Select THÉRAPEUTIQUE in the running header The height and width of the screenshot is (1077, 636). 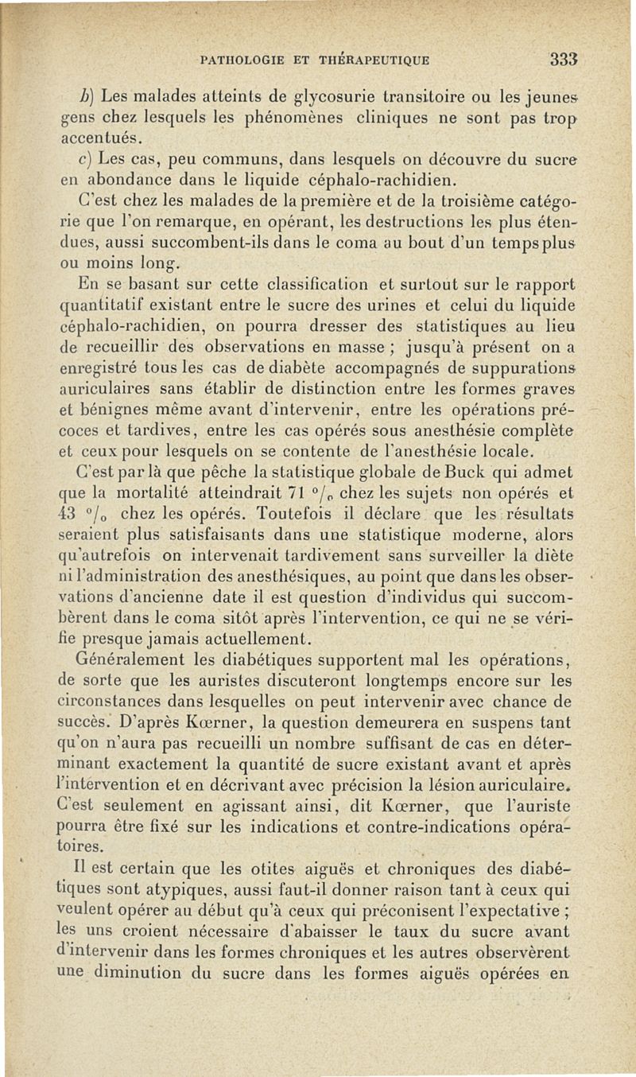(x=375, y=60)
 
